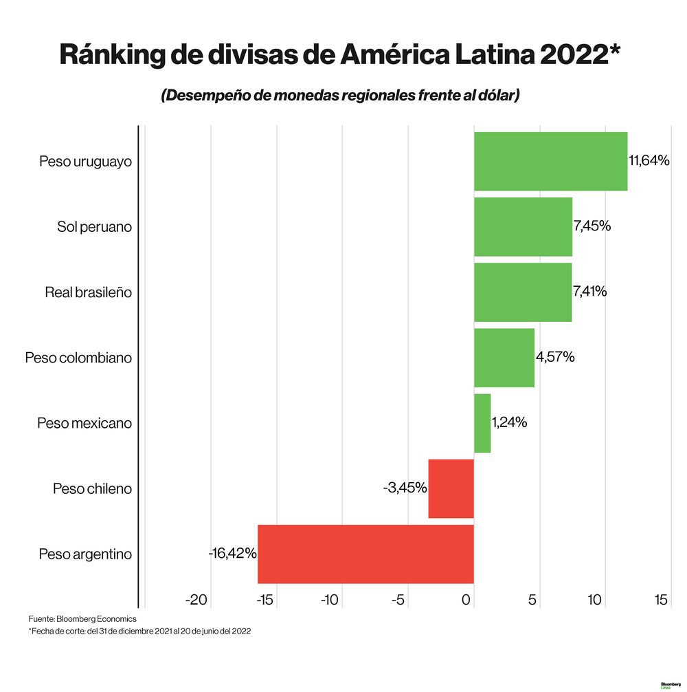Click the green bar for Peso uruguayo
[x=550, y=161]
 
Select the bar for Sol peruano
[x=523, y=226]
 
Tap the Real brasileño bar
[x=523, y=292]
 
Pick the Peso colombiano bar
[x=504, y=358]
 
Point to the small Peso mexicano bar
[x=482, y=423]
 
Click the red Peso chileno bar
[x=451, y=488]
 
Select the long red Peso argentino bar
[x=365, y=554]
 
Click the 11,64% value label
[x=649, y=161]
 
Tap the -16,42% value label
[x=232, y=553]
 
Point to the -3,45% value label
[x=405, y=488]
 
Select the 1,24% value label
[x=509, y=422]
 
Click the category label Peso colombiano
[x=78, y=358]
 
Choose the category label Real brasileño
[x=88, y=292]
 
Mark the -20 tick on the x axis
[x=196, y=601]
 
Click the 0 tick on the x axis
[x=467, y=601]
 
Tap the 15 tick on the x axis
[x=661, y=601]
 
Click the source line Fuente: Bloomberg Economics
[x=82, y=619]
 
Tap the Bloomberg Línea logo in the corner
[x=669, y=684]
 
